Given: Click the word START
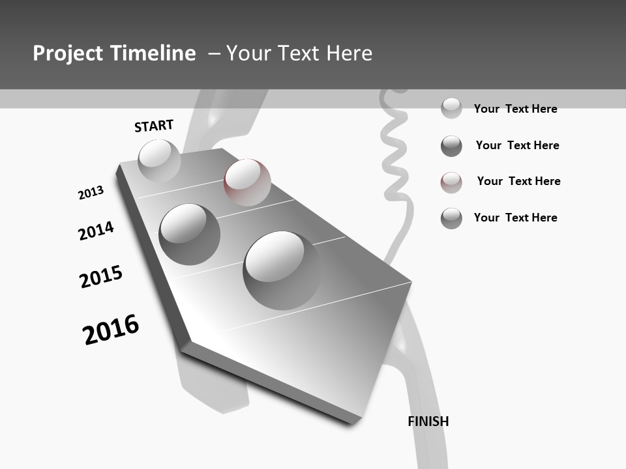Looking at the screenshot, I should (x=154, y=126).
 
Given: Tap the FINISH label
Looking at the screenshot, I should (x=428, y=421).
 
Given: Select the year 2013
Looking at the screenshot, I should (x=91, y=193).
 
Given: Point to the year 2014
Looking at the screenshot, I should (x=96, y=231).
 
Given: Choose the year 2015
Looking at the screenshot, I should (x=101, y=277).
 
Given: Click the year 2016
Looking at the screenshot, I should (x=111, y=330).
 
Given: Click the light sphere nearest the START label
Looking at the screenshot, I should (x=159, y=160).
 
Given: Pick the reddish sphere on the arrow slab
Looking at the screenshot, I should (x=247, y=182).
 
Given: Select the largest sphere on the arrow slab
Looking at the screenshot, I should (x=282, y=270).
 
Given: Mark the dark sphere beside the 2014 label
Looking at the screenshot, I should (x=190, y=234).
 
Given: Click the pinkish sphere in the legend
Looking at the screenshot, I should (x=451, y=182).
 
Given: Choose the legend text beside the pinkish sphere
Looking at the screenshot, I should (x=518, y=181).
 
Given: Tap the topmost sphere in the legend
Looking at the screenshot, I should (x=451, y=108).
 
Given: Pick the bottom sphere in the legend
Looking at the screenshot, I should (x=451, y=218).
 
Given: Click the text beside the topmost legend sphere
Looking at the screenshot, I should (x=515, y=109).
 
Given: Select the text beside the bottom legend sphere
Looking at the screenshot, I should (x=515, y=218).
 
